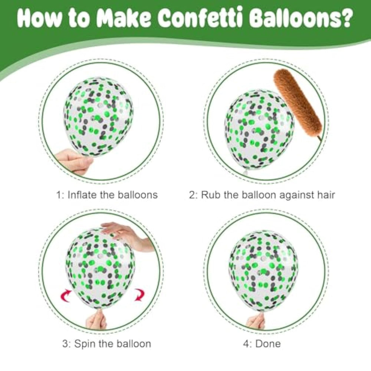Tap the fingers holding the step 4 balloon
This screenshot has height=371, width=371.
coord(255,321)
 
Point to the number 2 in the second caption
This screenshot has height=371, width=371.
coord(192,195)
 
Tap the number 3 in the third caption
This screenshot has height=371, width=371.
coord(65,344)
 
